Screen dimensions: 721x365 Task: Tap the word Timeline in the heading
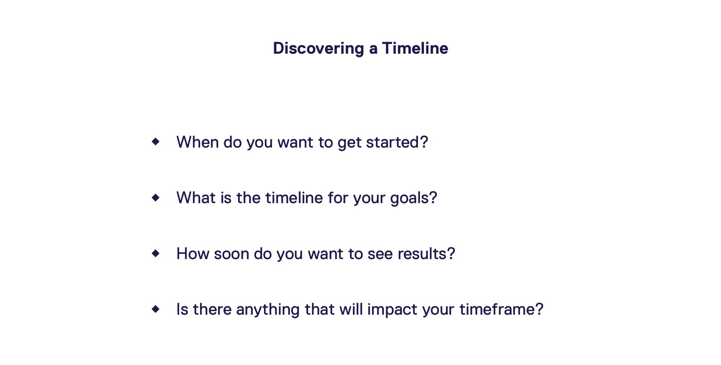pos(415,48)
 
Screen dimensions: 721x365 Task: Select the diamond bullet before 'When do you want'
pos(155,142)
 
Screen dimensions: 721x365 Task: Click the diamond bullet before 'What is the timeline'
pos(155,197)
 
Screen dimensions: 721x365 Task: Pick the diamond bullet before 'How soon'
pos(155,253)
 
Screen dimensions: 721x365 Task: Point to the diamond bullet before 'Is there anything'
pos(155,309)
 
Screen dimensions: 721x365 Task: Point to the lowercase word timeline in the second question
pos(294,198)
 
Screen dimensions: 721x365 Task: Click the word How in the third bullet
pos(193,254)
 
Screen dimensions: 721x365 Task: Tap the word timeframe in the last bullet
pos(497,309)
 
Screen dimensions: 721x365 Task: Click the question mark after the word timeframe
pos(539,309)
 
